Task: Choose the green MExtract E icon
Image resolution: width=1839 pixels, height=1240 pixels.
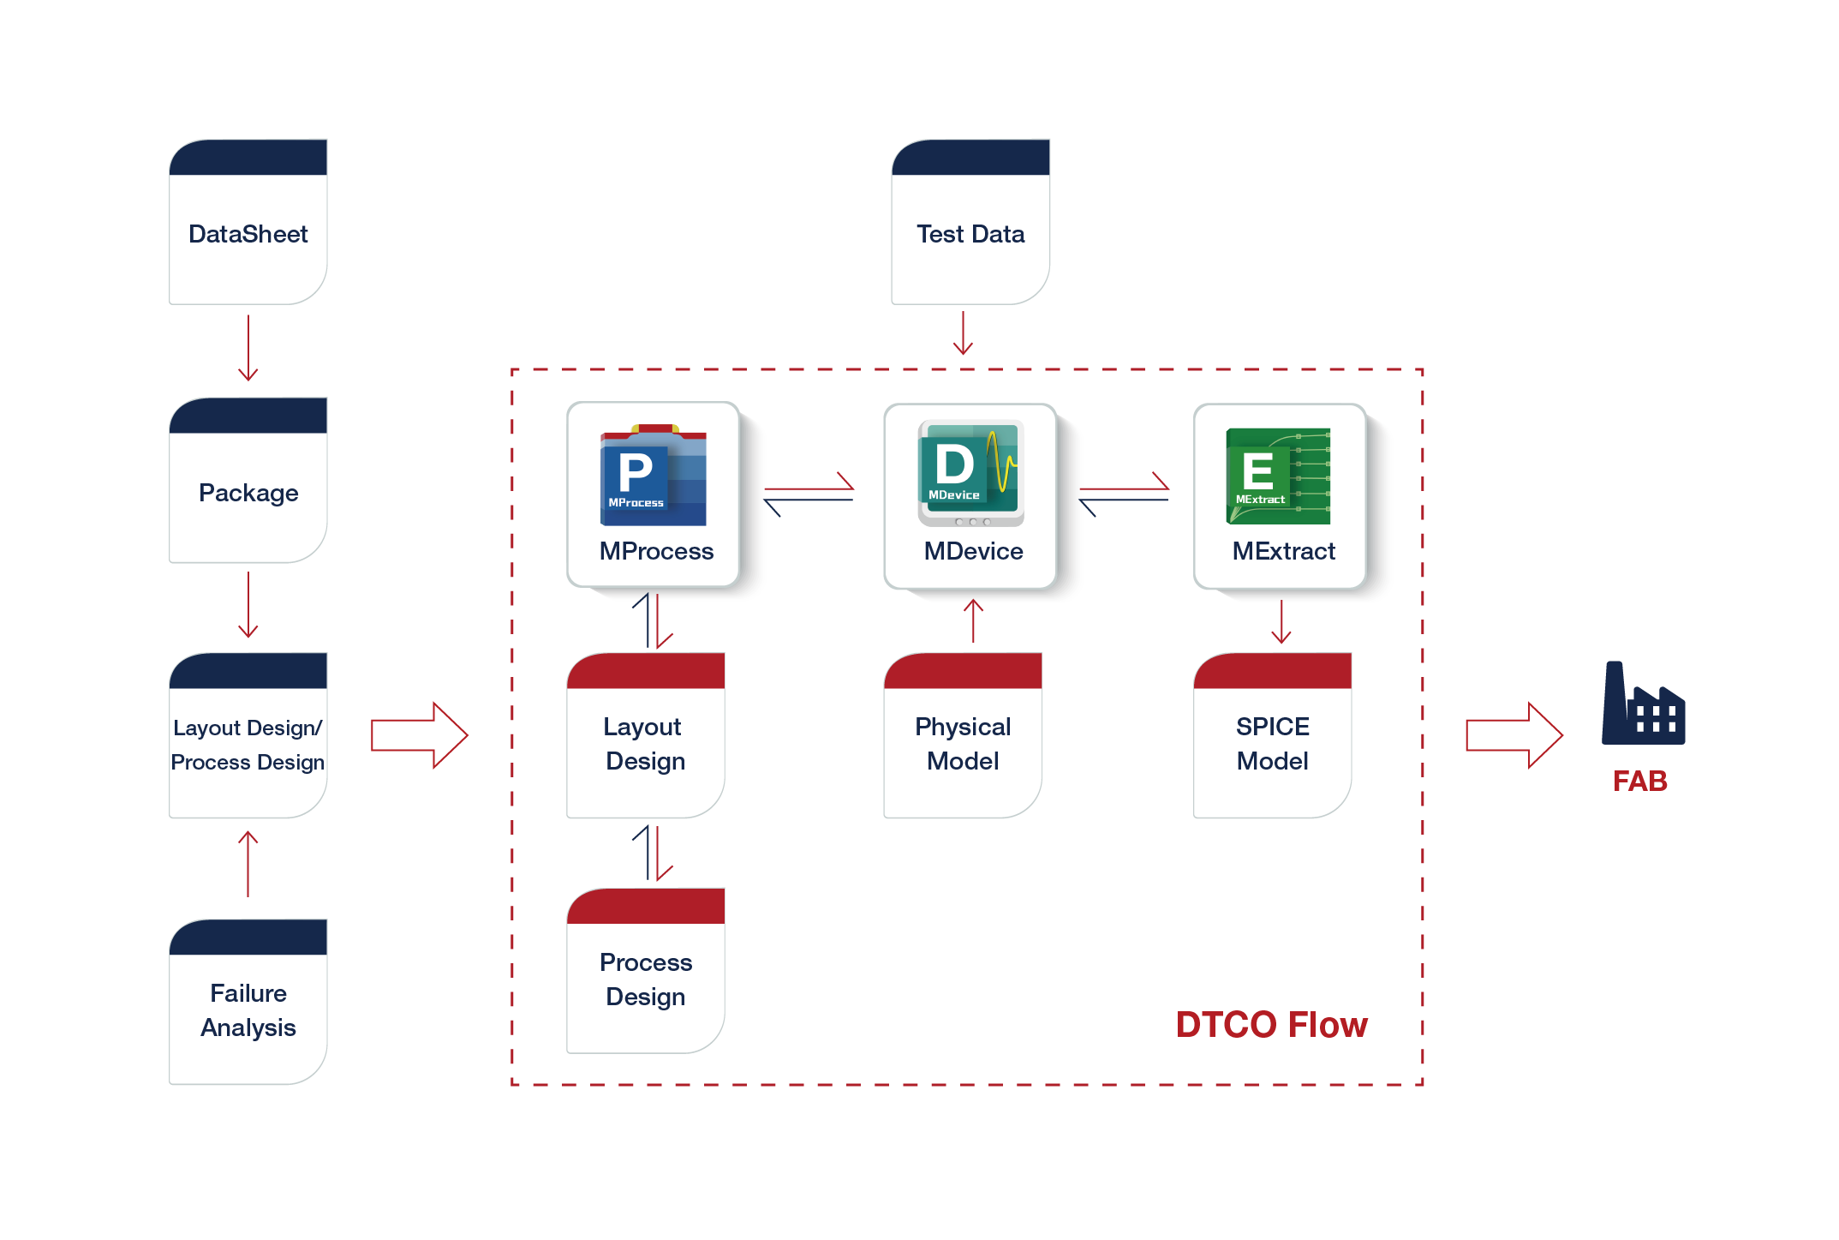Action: pos(1278,476)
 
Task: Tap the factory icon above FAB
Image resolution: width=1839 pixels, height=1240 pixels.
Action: pos(1643,704)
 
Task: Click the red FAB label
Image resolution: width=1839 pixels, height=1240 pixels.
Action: pos(1640,782)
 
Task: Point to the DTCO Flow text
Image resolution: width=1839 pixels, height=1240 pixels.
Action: pos(1271,1025)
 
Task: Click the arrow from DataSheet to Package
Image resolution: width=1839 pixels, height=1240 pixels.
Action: pos(248,348)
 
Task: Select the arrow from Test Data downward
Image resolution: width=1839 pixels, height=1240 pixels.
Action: pos(963,333)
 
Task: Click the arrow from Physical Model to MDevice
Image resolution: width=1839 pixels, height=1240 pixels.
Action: pos(973,620)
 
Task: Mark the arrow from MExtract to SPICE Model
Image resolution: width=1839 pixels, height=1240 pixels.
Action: pos(1281,622)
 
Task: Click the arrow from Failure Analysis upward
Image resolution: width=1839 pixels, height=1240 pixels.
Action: pos(248,864)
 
